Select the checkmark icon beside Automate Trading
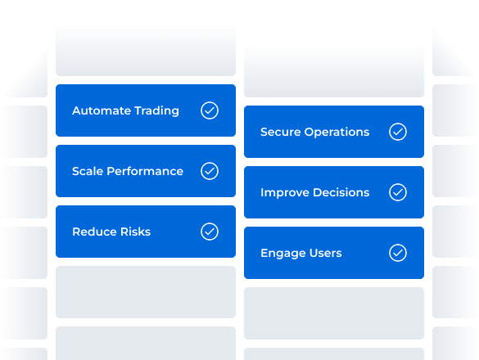point(210,110)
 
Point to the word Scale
point(88,171)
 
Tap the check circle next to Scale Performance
point(210,171)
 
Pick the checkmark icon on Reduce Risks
point(210,232)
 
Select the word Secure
point(280,132)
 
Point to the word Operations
point(337,132)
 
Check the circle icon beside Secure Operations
point(398,132)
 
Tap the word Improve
point(283,192)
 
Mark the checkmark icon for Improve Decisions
point(398,192)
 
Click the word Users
point(324,253)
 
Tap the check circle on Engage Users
point(398,253)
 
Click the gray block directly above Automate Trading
point(146,51)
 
